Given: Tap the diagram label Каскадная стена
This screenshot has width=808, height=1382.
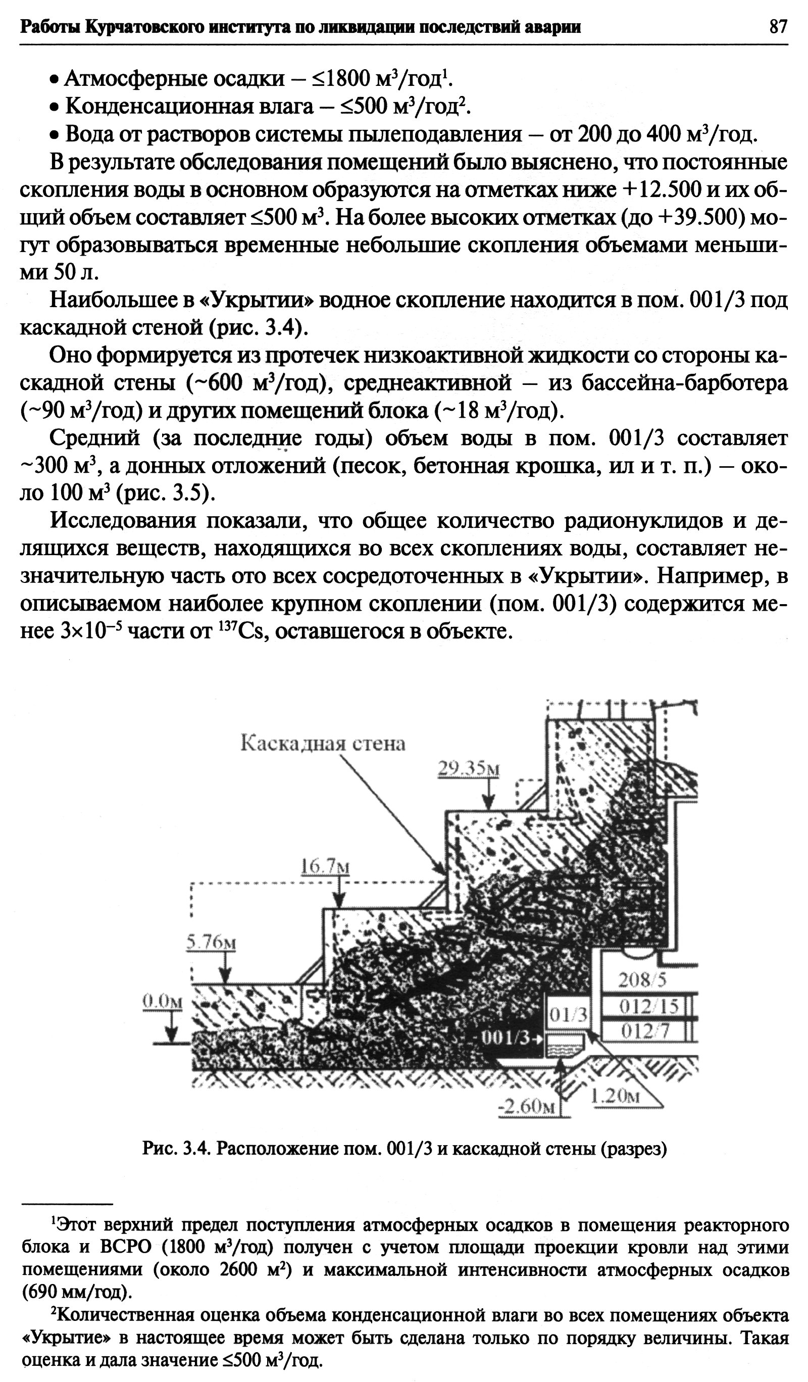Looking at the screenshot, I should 323,743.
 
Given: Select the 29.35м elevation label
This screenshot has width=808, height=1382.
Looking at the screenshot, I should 468,769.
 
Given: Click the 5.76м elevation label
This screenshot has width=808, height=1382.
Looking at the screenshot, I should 211,942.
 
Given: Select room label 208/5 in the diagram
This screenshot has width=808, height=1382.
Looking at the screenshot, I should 642,980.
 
